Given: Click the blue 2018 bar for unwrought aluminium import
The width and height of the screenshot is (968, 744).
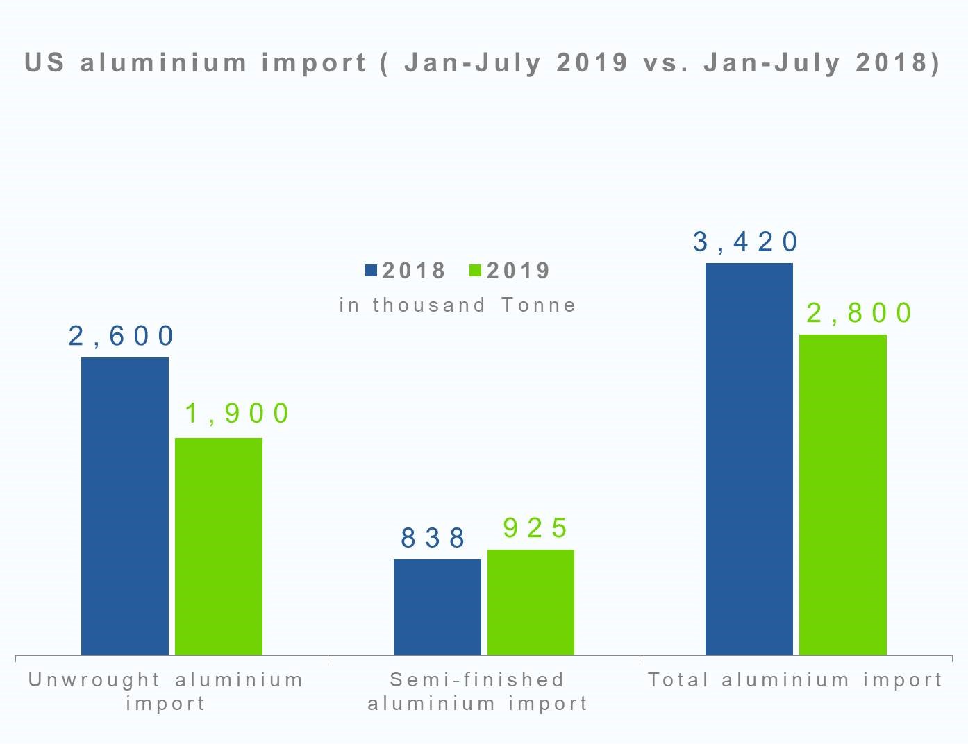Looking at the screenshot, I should [x=125, y=506].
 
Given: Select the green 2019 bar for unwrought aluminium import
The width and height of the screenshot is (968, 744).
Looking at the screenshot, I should [x=219, y=546].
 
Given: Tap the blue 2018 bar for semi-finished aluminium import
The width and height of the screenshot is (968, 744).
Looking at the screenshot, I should [x=437, y=607].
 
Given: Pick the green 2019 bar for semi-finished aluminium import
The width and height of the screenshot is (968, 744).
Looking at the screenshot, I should [x=531, y=602].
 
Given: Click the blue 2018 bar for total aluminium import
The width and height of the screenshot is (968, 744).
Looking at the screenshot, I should [x=749, y=459].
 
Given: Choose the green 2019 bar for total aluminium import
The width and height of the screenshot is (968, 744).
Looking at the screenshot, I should [x=842, y=494].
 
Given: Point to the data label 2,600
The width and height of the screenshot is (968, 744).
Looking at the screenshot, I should [x=122, y=336].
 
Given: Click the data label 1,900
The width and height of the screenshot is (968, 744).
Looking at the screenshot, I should [x=237, y=414].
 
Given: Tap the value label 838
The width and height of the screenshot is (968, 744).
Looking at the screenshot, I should [x=433, y=538].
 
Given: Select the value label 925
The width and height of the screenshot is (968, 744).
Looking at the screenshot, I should [x=535, y=528].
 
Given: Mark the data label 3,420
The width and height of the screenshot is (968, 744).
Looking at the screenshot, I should [x=746, y=242].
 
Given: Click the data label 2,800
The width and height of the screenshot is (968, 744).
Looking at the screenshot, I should [x=859, y=313].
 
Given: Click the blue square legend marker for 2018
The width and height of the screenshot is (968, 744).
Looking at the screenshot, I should [x=371, y=271].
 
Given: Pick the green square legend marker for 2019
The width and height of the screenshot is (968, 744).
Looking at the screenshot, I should [x=476, y=271].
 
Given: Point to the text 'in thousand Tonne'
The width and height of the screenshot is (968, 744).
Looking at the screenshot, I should [x=458, y=305].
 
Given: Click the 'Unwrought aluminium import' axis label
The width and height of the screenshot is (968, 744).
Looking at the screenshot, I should [x=166, y=691].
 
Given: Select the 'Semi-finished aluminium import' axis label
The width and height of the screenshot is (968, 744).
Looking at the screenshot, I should [x=478, y=691].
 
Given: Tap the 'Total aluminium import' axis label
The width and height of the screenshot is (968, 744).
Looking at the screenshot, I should [x=795, y=679].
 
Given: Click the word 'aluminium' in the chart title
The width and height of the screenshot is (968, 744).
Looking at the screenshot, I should [x=164, y=62].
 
